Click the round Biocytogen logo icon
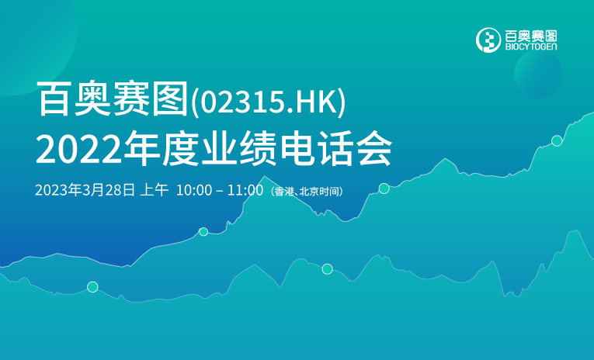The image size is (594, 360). [488, 40]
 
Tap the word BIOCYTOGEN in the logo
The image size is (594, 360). [531, 47]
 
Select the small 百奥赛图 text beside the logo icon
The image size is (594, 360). [531, 36]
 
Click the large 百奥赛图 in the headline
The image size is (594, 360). [113, 99]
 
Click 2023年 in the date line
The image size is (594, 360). [59, 189]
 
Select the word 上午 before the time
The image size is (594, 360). [155, 189]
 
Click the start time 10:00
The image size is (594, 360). [194, 190]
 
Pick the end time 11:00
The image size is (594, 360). [245, 190]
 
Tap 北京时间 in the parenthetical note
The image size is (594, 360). [319, 192]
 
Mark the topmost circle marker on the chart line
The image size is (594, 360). [557, 141]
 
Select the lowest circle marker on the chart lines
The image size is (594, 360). [92, 287]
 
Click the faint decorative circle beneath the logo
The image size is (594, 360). [538, 74]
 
